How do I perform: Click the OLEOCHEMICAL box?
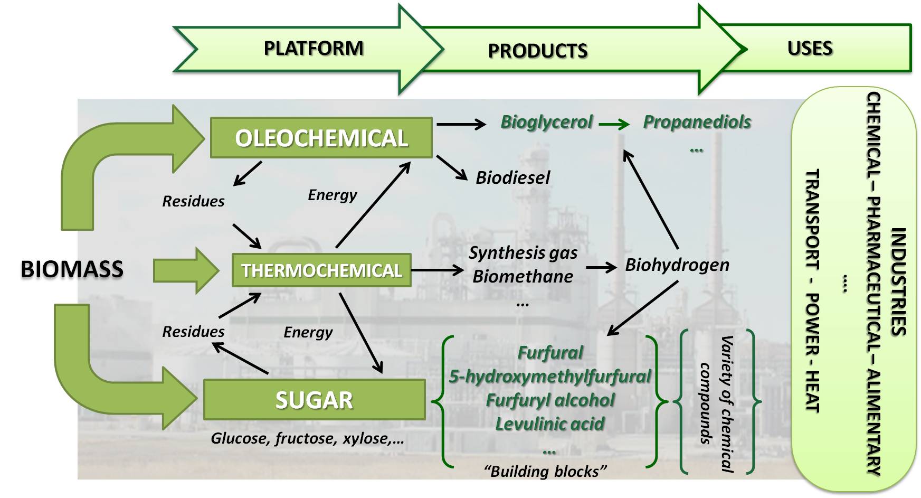coord(321,138)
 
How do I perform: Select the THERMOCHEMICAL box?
coord(321,270)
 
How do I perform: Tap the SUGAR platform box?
coord(314,400)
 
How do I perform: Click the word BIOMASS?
coord(72,269)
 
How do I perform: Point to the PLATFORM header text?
coord(314,49)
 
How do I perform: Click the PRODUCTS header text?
coord(537,51)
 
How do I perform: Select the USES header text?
coord(810,49)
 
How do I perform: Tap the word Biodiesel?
coord(512,177)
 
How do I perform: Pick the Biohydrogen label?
coord(677,265)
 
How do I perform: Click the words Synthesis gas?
coord(523,253)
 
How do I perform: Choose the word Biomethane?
coord(523,276)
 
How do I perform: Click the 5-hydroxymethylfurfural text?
coord(550,377)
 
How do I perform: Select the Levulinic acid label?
coord(549,424)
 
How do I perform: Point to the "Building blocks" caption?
coord(545,471)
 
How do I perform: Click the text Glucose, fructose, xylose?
coord(307,438)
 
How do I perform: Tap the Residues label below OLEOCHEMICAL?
coord(193,201)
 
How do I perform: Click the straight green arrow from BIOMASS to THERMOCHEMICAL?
coord(185,270)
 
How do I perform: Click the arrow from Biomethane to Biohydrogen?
coord(601,267)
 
